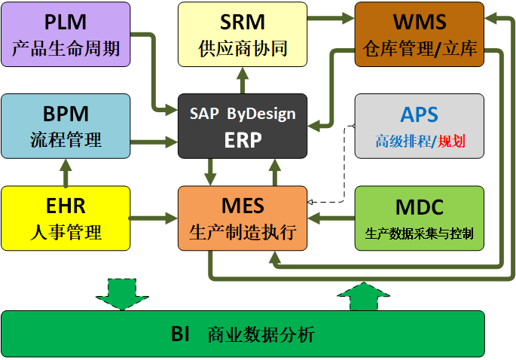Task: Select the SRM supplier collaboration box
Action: click(x=243, y=34)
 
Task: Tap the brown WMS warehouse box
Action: click(x=419, y=34)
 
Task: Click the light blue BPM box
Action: click(x=66, y=126)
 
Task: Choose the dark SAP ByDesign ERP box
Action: click(x=243, y=126)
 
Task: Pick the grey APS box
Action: click(x=419, y=126)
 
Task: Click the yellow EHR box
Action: click(x=66, y=218)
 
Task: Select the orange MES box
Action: click(x=243, y=218)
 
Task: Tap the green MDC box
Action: click(x=419, y=218)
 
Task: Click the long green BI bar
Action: click(x=243, y=334)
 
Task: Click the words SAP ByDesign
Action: click(x=243, y=114)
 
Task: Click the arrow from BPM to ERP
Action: click(x=154, y=140)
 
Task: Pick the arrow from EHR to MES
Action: click(x=154, y=219)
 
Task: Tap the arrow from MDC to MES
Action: click(x=331, y=219)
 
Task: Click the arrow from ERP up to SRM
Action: click(x=243, y=80)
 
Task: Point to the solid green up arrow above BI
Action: click(x=361, y=294)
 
